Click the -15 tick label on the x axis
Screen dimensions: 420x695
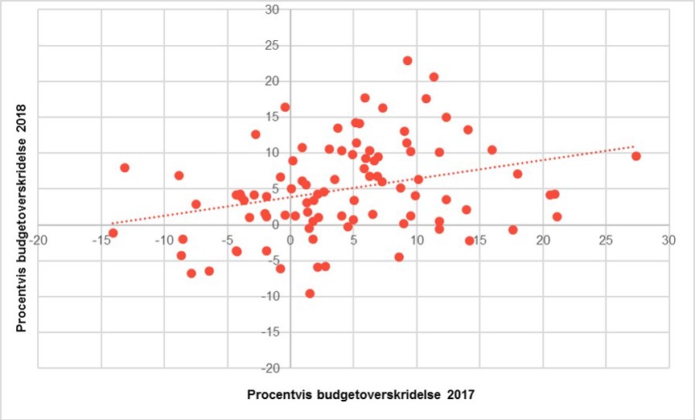click(101, 241)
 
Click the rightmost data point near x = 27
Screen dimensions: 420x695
click(636, 156)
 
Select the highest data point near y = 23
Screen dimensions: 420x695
click(408, 60)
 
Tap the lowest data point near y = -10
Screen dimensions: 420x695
click(310, 294)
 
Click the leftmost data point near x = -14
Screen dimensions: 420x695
click(113, 233)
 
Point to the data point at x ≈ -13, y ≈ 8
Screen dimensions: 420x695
click(125, 167)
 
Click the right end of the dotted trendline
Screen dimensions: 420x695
click(635, 146)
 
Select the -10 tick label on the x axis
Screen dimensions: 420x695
click(164, 241)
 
